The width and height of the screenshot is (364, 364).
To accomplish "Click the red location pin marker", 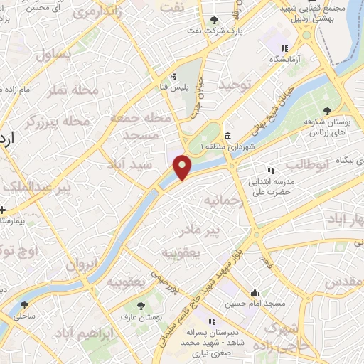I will [x=183, y=167].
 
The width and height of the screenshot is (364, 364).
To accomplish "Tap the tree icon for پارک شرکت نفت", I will [x=215, y=19].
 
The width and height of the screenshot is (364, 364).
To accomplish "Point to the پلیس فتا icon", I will [x=173, y=76].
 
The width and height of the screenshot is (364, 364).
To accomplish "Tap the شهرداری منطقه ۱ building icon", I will [x=227, y=136].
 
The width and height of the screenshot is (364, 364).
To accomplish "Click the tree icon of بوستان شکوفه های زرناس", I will [x=326, y=110].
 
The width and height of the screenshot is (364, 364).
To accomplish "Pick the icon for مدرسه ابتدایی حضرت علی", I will [x=270, y=171].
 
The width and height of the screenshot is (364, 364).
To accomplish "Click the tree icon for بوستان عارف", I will [x=140, y=304].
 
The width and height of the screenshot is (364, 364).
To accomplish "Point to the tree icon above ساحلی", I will [x=24, y=305].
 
